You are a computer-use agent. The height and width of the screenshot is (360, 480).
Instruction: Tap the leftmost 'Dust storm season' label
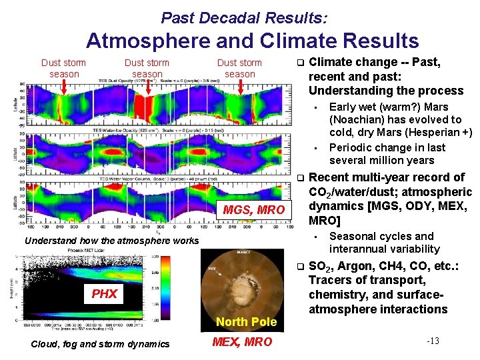click(64, 68)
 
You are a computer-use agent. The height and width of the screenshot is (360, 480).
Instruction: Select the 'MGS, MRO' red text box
click(253, 211)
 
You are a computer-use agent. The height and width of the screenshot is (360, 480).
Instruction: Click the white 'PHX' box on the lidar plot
click(104, 293)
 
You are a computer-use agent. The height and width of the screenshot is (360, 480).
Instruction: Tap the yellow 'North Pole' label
click(246, 322)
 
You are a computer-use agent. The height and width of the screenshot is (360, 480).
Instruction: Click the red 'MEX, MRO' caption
click(241, 342)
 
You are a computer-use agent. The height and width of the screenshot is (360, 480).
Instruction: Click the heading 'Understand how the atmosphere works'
click(111, 241)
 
